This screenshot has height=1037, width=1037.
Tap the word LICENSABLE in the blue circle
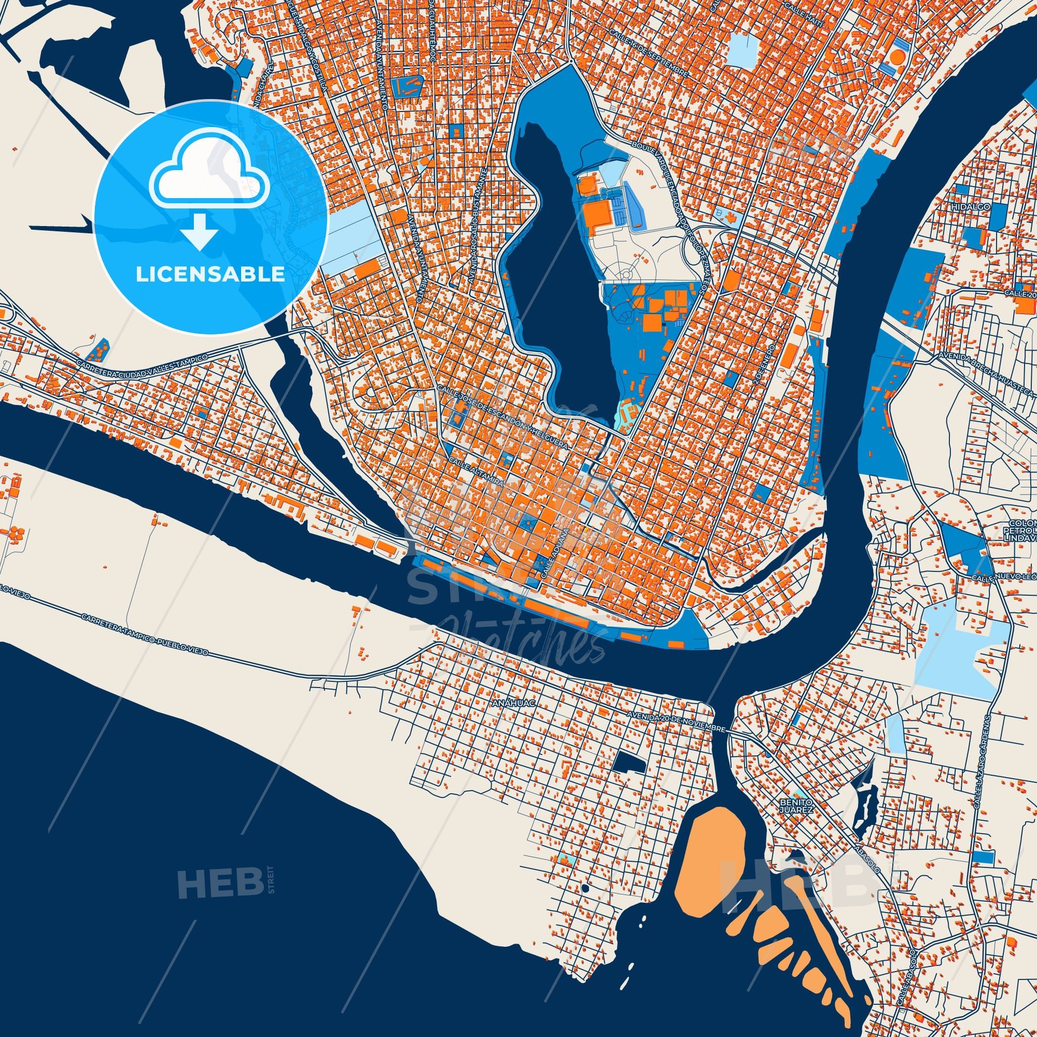[211, 274]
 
